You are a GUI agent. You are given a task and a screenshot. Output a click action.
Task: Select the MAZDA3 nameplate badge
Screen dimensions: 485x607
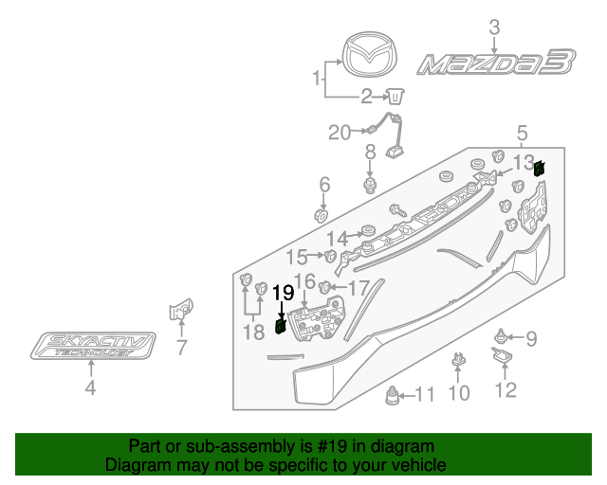click(x=495, y=64)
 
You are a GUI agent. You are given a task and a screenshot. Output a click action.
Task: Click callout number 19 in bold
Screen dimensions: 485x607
click(x=284, y=293)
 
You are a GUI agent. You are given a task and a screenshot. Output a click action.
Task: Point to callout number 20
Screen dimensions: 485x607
click(x=340, y=133)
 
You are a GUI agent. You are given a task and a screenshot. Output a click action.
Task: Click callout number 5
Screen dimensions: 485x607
click(x=522, y=133)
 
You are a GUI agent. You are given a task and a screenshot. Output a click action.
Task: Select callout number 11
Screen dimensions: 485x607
click(x=425, y=395)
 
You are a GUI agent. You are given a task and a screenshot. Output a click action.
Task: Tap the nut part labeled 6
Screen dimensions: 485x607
click(x=322, y=219)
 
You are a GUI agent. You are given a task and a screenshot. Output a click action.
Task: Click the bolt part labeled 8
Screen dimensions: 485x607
click(x=371, y=180)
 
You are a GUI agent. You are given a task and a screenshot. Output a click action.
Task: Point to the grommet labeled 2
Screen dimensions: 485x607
click(x=395, y=95)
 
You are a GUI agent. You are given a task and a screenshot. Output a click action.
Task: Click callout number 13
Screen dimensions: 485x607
click(x=524, y=162)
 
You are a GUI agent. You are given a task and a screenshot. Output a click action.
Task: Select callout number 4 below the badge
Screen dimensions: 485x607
click(x=90, y=387)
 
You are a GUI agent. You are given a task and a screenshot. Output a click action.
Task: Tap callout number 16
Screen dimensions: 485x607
click(x=303, y=280)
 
